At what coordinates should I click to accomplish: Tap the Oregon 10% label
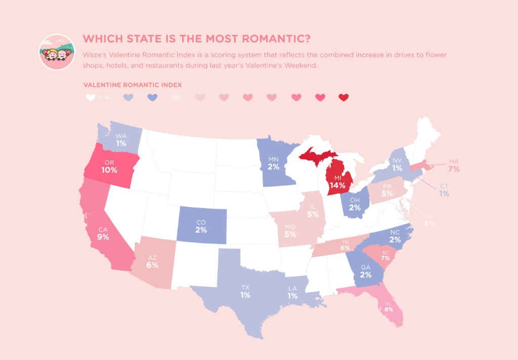click(x=109, y=167)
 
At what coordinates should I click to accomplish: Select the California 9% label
click(x=103, y=233)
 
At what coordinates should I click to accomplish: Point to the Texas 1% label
click(x=245, y=292)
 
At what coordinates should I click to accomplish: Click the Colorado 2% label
click(x=201, y=226)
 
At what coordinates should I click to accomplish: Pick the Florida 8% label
click(x=389, y=307)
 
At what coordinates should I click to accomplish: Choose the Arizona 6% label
click(x=152, y=262)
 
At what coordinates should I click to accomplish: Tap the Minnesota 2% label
click(x=274, y=163)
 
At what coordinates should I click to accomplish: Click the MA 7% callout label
click(x=453, y=166)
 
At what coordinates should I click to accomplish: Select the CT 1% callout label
click(x=444, y=190)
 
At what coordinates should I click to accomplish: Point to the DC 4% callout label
click(x=429, y=220)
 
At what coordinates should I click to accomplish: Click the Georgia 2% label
click(x=366, y=272)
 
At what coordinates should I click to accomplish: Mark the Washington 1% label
click(x=121, y=140)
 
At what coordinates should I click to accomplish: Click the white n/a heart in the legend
click(x=91, y=98)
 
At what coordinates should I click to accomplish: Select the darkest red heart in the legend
click(x=343, y=98)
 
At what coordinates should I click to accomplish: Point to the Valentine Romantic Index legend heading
click(x=132, y=85)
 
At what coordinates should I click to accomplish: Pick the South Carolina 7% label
click(x=385, y=256)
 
